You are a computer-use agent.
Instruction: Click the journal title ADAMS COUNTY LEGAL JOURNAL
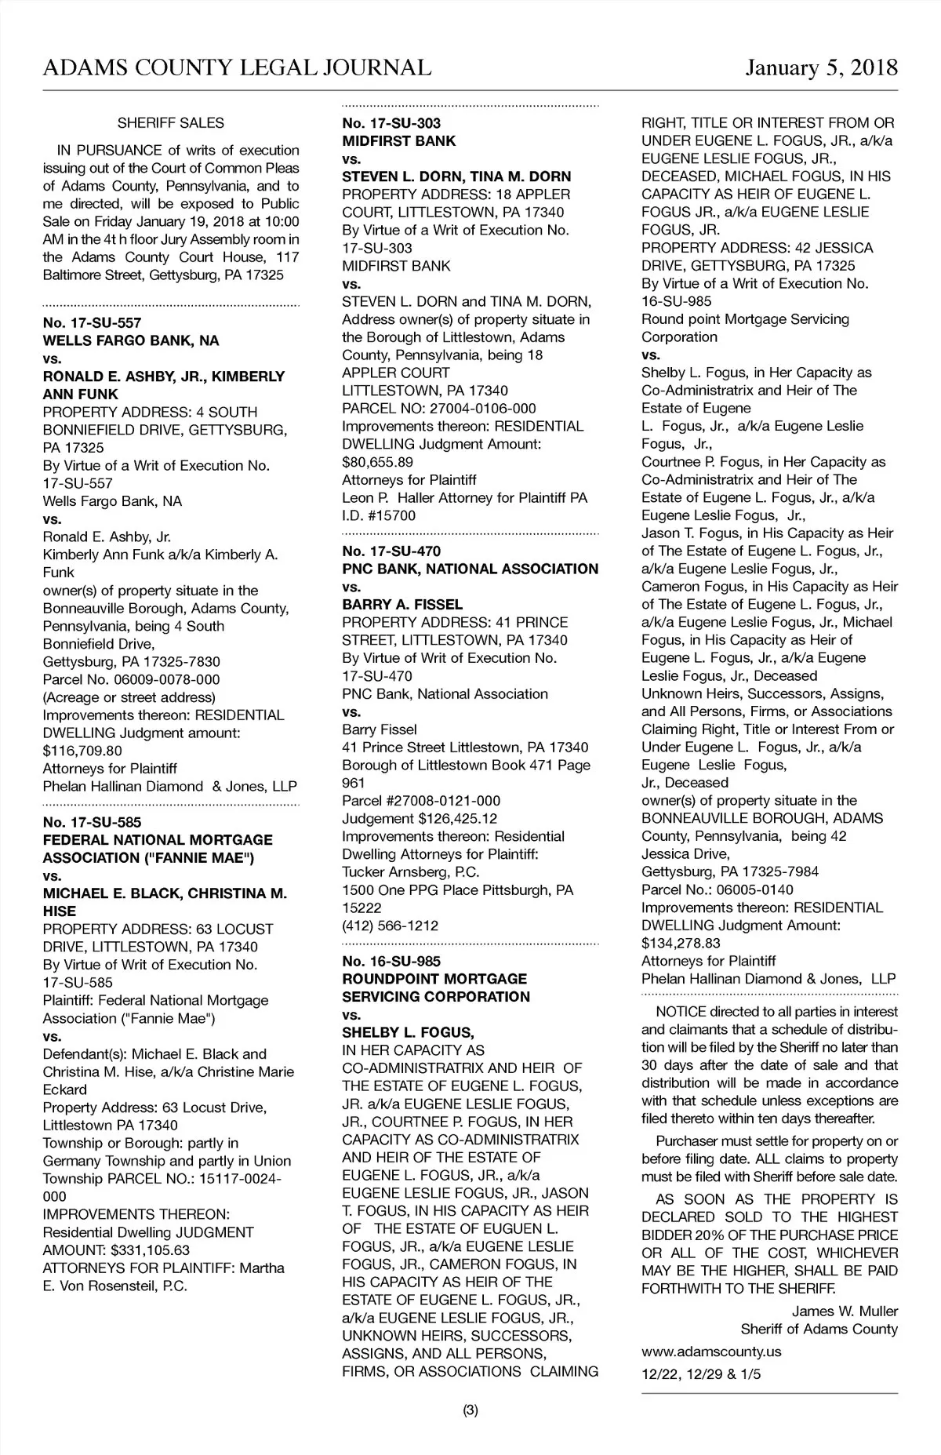click(x=237, y=67)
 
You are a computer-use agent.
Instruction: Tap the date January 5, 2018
click(x=821, y=67)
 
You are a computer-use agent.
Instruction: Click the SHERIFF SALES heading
click(x=170, y=123)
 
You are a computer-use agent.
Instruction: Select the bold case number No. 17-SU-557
click(x=92, y=322)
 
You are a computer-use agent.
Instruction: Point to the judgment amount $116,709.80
click(x=82, y=751)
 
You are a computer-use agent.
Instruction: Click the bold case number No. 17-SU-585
click(x=92, y=822)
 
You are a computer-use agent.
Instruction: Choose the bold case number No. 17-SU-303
click(x=391, y=123)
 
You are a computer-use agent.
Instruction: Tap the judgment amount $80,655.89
click(x=377, y=462)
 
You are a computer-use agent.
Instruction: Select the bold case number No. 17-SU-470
click(x=391, y=551)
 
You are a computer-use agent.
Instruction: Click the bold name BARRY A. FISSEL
click(x=402, y=605)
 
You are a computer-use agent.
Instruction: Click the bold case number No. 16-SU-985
click(x=391, y=962)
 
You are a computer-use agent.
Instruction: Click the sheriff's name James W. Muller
click(x=845, y=1311)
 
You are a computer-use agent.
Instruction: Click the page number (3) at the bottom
click(x=470, y=1411)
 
